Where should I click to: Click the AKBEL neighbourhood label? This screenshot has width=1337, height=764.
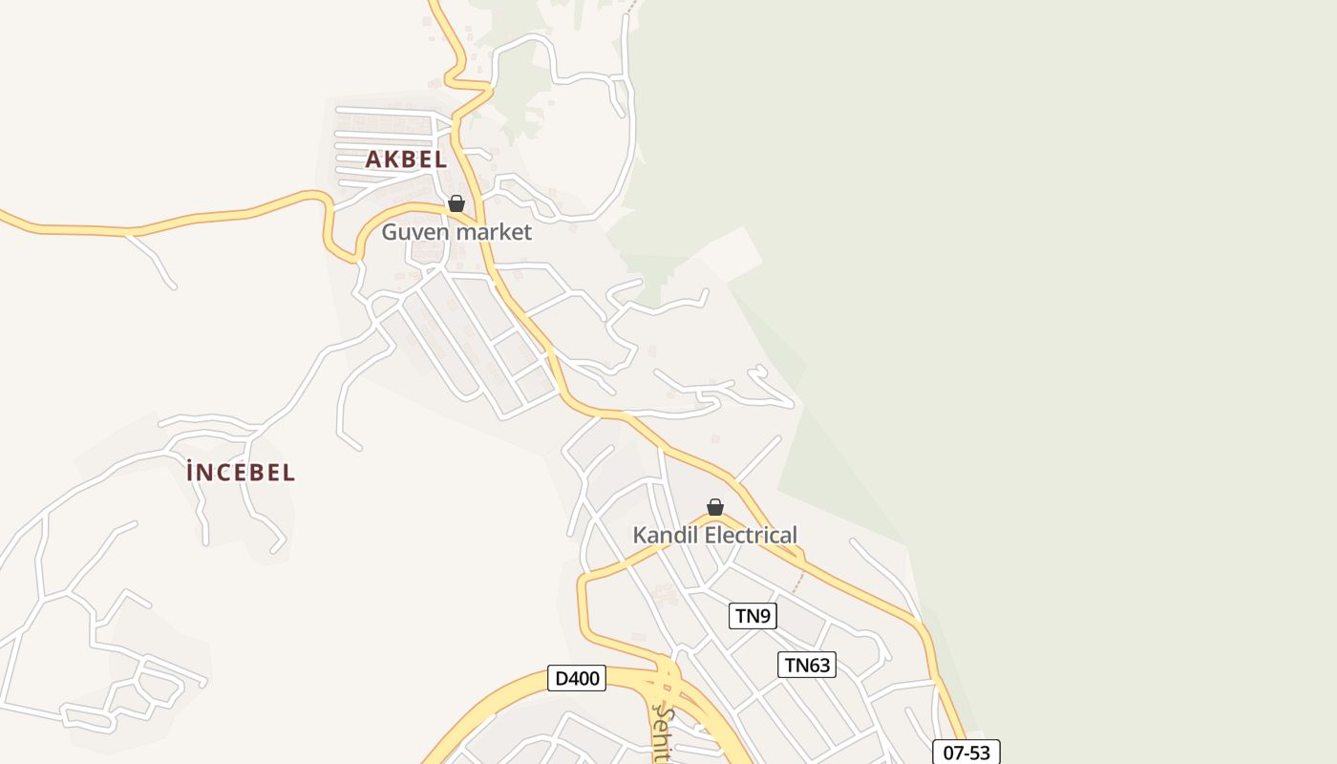[406, 159]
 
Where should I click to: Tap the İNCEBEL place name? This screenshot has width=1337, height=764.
[241, 472]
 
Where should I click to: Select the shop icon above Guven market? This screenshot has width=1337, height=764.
[456, 203]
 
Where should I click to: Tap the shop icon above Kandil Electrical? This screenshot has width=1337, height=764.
[715, 507]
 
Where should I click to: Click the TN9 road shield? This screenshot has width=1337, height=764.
[753, 616]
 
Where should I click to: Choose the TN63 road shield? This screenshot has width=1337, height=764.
[807, 665]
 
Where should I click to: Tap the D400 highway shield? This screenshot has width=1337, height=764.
[577, 679]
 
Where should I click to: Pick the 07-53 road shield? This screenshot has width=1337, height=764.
[966, 753]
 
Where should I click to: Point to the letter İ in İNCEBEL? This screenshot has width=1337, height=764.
[193, 472]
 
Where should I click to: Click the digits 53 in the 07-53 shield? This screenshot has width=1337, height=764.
[979, 753]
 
